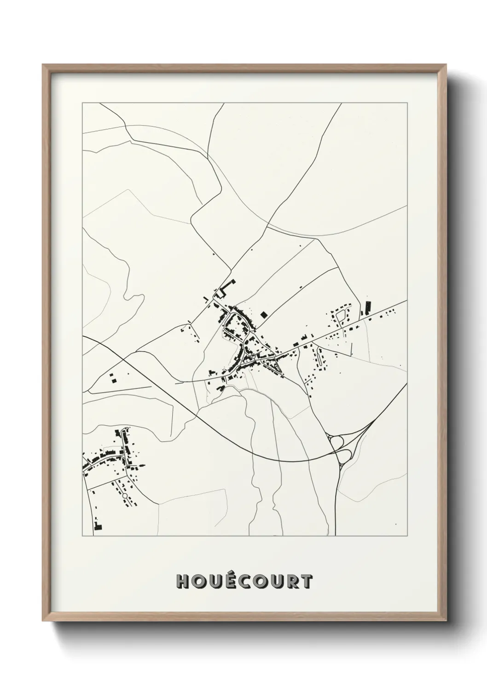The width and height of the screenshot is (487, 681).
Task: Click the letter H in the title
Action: click(183, 582)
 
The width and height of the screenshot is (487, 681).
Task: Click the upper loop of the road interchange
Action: click(336, 442)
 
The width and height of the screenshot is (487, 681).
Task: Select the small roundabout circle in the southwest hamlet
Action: click(124, 496)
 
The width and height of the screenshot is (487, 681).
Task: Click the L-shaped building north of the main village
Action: click(223, 291)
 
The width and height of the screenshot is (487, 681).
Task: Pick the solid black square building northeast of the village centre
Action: click(263, 315)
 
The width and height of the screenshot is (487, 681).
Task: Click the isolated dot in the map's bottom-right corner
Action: click(395, 524)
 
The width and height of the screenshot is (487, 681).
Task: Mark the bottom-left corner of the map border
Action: click(82, 536)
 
